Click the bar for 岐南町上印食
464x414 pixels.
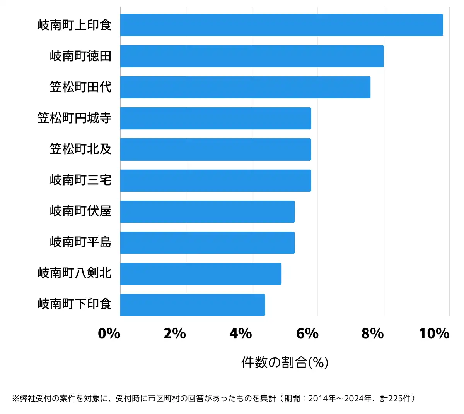click(281, 25)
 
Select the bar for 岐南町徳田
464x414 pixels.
click(252, 56)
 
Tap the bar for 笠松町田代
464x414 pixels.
click(245, 87)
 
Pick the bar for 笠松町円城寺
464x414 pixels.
click(216, 118)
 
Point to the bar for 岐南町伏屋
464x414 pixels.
click(207, 211)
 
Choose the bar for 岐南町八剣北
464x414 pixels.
click(201, 274)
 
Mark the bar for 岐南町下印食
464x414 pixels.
click(193, 305)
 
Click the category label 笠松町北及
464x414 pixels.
click(80, 149)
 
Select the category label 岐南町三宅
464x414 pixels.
click(80, 180)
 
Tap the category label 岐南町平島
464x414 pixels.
click(80, 242)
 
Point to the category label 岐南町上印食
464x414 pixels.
click(74, 25)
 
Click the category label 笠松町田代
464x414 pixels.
click(80, 87)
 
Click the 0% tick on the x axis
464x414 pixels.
click(109, 333)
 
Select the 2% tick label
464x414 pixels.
click(175, 333)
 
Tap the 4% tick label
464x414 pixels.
click(241, 333)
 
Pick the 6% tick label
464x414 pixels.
click(307, 333)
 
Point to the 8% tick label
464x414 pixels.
click(373, 333)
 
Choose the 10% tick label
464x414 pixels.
click(434, 333)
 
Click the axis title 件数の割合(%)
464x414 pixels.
click(285, 362)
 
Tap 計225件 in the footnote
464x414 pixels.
click(397, 399)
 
